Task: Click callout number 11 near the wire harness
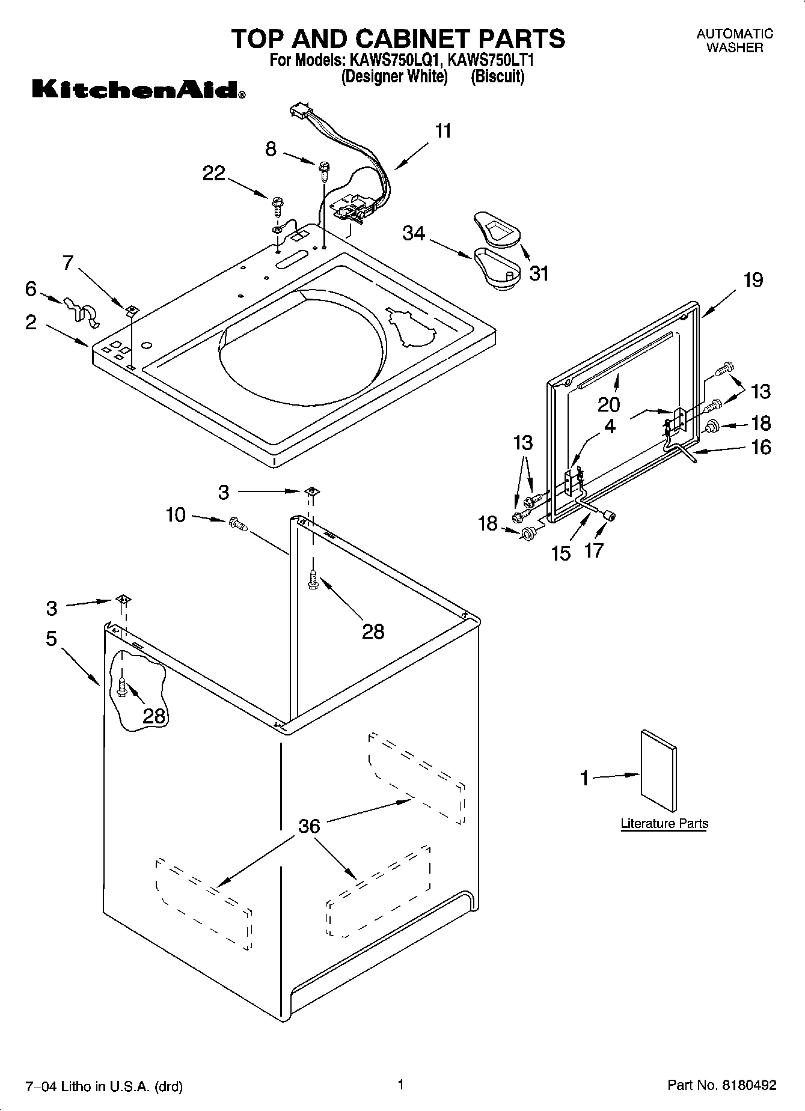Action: tap(443, 131)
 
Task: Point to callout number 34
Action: tap(414, 233)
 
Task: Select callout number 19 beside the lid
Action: tap(753, 280)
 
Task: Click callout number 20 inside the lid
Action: tap(608, 404)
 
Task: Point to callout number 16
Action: tap(761, 447)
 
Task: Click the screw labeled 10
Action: tap(237, 525)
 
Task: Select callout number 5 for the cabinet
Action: tap(52, 638)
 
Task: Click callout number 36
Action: tap(309, 826)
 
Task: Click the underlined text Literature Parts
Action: tap(664, 823)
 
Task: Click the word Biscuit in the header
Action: tap(497, 77)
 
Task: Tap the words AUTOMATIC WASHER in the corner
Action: tap(735, 41)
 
